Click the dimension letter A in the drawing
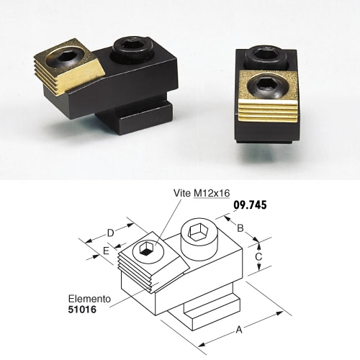tap(239, 330)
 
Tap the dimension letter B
tap(240, 228)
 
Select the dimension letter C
tap(258, 257)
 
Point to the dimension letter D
tap(111, 233)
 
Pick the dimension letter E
tap(106, 251)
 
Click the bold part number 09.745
tap(250, 205)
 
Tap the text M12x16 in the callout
tap(212, 193)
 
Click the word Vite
tap(182, 193)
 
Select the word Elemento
tap(89, 299)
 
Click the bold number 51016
tap(82, 310)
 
